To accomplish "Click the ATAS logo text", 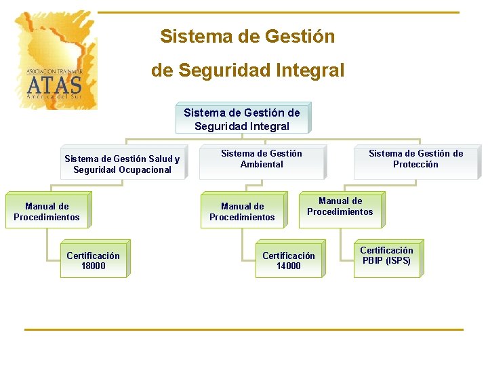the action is (54, 85).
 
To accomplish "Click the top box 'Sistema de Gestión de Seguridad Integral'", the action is (242, 119).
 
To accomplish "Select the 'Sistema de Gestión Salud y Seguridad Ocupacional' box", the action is (122, 165).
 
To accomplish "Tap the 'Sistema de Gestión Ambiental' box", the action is (262, 159).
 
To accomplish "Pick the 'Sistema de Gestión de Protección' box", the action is (415, 159).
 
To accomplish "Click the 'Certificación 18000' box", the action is (93, 261).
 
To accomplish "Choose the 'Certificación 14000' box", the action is (288, 261).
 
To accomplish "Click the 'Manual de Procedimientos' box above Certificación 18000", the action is (46, 212).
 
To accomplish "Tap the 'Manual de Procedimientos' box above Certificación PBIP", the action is (340, 207).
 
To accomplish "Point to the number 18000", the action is (93, 266).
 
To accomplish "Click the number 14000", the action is (288, 266).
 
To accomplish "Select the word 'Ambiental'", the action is (262, 165).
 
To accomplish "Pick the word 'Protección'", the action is (415, 165).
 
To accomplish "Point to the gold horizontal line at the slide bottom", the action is (244, 330).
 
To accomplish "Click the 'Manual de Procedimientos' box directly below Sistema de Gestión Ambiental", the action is (242, 212).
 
